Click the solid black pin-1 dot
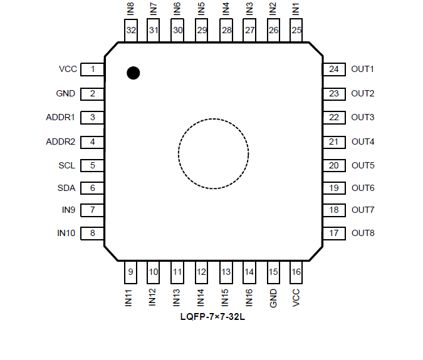pyautogui.click(x=133, y=73)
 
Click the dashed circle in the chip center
pyautogui.click(x=213, y=153)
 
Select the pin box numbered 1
pyautogui.click(x=93, y=69)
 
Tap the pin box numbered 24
pyautogui.click(x=333, y=69)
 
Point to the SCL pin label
pyautogui.click(x=66, y=166)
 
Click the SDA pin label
pyautogui.click(x=66, y=188)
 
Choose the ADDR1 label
pyautogui.click(x=61, y=117)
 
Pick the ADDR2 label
pyautogui.click(x=61, y=141)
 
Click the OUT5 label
pyautogui.click(x=363, y=166)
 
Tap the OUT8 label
pyautogui.click(x=363, y=234)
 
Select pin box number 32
pyautogui.click(x=131, y=30)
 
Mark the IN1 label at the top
pyautogui.click(x=296, y=9)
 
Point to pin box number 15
pyautogui.click(x=273, y=272)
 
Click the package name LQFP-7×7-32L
pyautogui.click(x=213, y=318)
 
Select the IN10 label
pyautogui.click(x=66, y=234)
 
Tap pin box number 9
pyautogui.click(x=130, y=272)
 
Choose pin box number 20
pyautogui.click(x=333, y=166)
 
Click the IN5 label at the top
pyautogui.click(x=201, y=9)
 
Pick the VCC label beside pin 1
pyautogui.click(x=68, y=69)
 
